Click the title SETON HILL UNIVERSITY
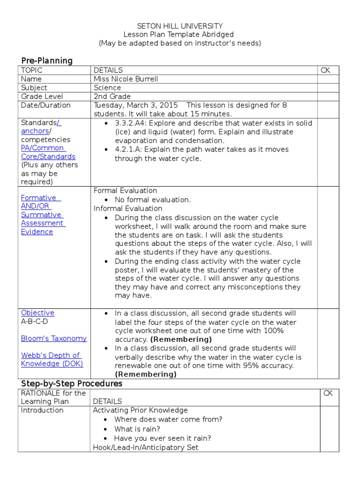pos(180,26)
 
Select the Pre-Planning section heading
pos(47,60)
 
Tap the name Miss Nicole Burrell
pos(126,79)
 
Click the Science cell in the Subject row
pos(107,88)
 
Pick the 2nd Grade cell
pos(112,97)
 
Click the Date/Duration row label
pos(45,105)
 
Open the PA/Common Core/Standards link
pos(48,152)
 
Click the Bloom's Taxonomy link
pos(53,338)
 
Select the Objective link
pos(37,313)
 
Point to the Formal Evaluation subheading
pos(125,191)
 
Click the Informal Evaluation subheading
pos(128,208)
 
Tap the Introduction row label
pos(42,410)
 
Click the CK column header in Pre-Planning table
pos(325,70)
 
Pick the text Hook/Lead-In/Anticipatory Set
pos(146,447)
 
